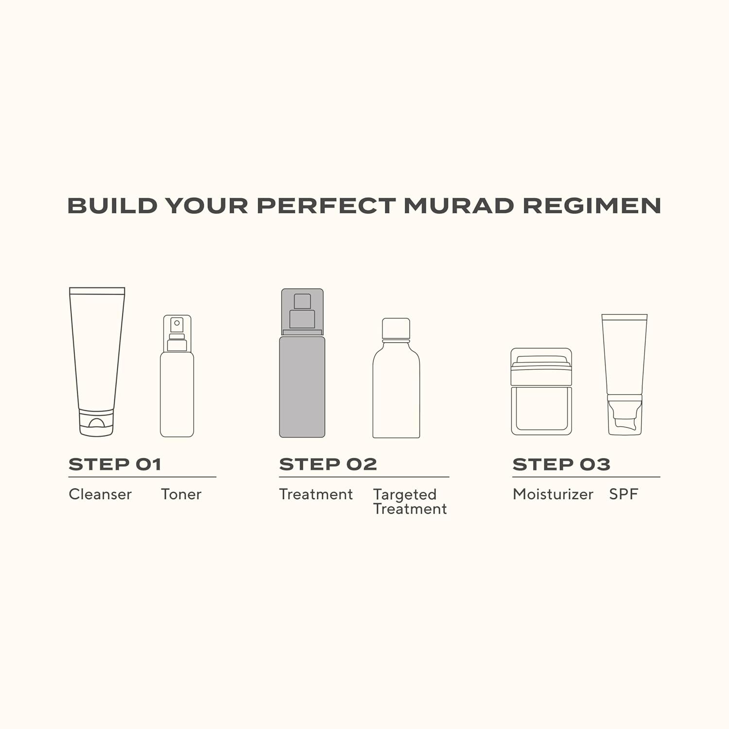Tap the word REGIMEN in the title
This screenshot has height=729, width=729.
coord(591,206)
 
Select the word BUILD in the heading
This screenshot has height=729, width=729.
coord(112,206)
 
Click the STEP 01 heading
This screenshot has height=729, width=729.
coord(115,465)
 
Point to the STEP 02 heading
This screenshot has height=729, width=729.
coord(328,465)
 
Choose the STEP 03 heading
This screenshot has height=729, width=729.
coord(561,465)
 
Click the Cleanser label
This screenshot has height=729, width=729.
coord(100,494)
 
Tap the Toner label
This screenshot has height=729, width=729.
coord(181,494)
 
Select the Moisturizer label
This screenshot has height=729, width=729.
coord(553,494)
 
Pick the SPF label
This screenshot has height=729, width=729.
coord(624,494)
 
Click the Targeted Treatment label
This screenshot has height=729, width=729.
coord(410,502)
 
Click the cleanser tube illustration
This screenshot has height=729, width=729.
coord(97,362)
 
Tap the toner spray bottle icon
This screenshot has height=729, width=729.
coord(177,376)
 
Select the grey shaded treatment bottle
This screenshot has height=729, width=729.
coord(302,363)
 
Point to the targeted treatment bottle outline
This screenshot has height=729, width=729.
coord(396,378)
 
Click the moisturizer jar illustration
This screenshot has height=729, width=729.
coord(541,391)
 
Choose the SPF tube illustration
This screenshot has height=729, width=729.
coord(625,375)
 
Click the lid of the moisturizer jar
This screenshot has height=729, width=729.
coord(541,361)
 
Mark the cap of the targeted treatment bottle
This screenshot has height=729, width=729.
coord(396,329)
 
